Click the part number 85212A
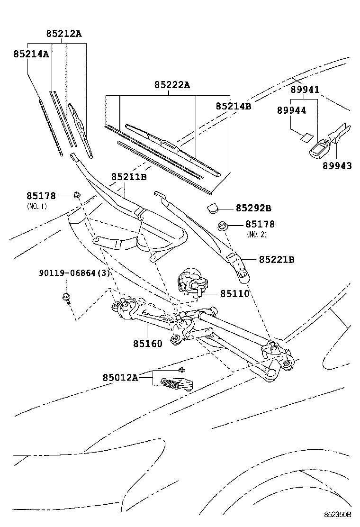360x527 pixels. click(x=64, y=34)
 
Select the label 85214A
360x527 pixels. click(x=31, y=54)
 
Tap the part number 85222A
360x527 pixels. click(x=171, y=85)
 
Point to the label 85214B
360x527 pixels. click(x=233, y=106)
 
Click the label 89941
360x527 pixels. click(x=305, y=90)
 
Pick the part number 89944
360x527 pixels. click(x=291, y=110)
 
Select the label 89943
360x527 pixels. click(x=337, y=165)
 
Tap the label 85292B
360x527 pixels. click(x=253, y=208)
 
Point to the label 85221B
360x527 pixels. click(x=277, y=259)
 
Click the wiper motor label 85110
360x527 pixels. click(x=234, y=293)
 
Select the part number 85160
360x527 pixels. click(x=147, y=344)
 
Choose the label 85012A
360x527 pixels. click(x=120, y=377)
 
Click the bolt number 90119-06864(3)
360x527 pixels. click(x=74, y=273)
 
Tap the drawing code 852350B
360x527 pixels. click(x=337, y=514)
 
